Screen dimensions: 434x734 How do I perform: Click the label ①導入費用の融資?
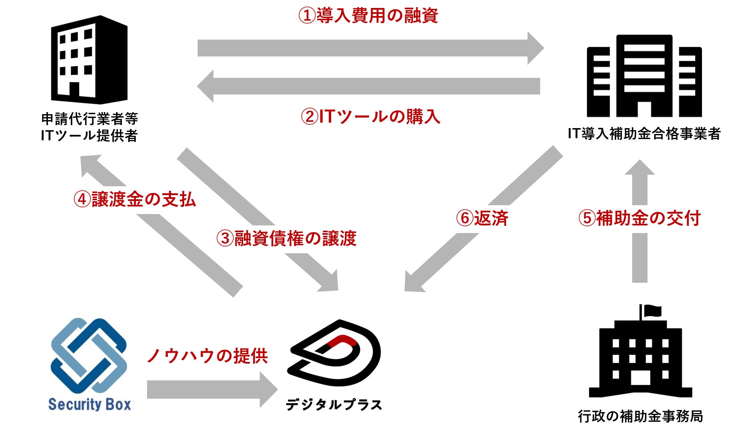(x=368, y=16)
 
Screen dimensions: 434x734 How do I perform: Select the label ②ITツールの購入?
(x=370, y=117)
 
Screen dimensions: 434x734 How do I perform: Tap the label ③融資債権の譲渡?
(x=287, y=238)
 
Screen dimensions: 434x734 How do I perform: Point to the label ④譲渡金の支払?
(x=135, y=199)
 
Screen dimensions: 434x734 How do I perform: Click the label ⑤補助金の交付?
(x=639, y=218)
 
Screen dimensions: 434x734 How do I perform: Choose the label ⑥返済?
(x=482, y=218)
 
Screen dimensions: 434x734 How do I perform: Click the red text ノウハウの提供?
(x=207, y=356)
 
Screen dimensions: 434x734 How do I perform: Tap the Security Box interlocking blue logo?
(x=88, y=355)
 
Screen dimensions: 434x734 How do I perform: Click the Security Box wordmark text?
(x=89, y=404)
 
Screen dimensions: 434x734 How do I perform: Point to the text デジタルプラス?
(x=334, y=405)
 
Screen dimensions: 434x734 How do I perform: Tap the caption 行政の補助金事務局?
(x=640, y=416)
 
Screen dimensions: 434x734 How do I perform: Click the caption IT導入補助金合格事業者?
(x=644, y=134)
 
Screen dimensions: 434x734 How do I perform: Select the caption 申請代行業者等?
(x=89, y=119)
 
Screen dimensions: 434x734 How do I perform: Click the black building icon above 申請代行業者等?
(x=89, y=60)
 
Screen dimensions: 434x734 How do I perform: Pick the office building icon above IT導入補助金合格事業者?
(x=644, y=76)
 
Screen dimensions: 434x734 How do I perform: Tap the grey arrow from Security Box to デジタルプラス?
(x=211, y=389)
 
